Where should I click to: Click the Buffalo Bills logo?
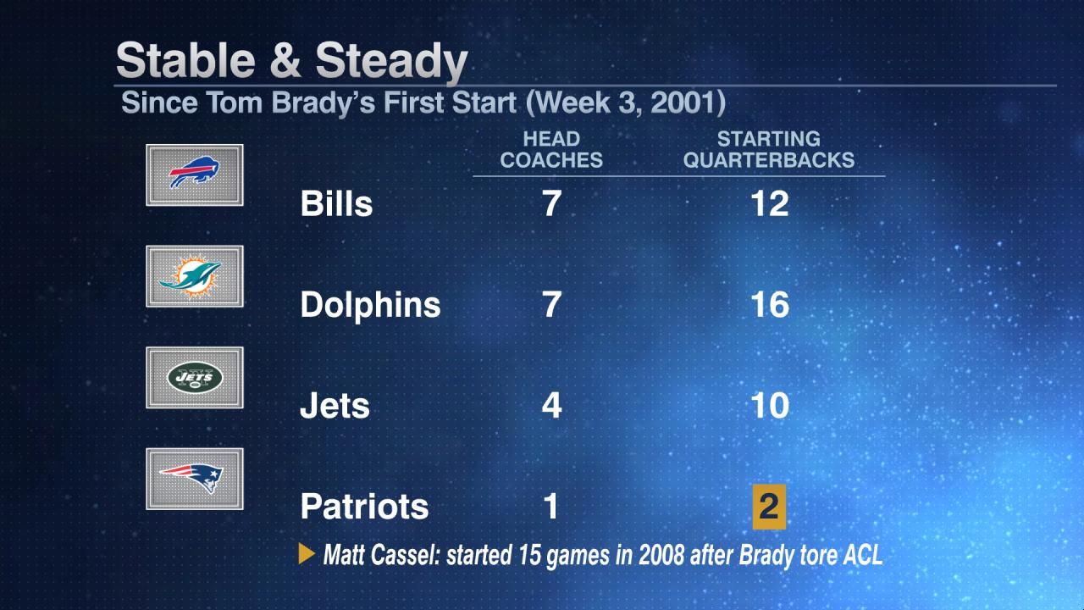pyautogui.click(x=195, y=175)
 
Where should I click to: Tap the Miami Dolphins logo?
pyautogui.click(x=195, y=276)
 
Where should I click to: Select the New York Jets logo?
pyautogui.click(x=195, y=377)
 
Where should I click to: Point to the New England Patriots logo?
pyautogui.click(x=195, y=479)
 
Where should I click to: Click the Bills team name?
pyautogui.click(x=336, y=204)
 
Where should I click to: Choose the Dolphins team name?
pyautogui.click(x=370, y=305)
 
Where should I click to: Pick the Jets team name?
pyautogui.click(x=335, y=406)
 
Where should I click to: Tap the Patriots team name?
pyautogui.click(x=364, y=507)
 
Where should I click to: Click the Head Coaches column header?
pyautogui.click(x=551, y=149)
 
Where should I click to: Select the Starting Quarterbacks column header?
pyautogui.click(x=769, y=149)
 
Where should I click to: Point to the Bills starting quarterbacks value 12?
pyautogui.click(x=770, y=204)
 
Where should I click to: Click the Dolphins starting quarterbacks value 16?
pyautogui.click(x=770, y=305)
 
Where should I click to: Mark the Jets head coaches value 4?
pyautogui.click(x=551, y=406)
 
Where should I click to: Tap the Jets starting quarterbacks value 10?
pyautogui.click(x=770, y=406)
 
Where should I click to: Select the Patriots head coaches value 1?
pyautogui.click(x=551, y=507)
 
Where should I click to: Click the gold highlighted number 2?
pyautogui.click(x=769, y=507)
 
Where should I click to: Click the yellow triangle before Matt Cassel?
pyautogui.click(x=307, y=555)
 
